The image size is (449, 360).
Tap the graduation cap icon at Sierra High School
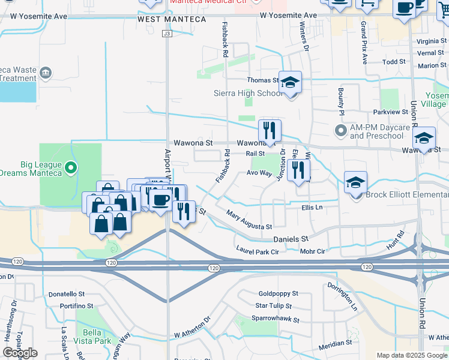291,83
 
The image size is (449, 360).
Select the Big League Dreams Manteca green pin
71,167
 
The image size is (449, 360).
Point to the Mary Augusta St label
249,220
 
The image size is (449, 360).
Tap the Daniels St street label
291,239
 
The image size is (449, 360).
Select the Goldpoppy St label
278,294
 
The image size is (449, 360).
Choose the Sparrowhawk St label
275,319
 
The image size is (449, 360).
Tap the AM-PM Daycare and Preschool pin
341,130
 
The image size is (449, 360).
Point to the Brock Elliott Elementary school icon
355,182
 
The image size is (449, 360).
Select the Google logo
20,353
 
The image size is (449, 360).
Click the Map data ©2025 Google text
411,355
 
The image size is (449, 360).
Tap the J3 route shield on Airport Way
167,34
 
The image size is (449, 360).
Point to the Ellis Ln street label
312,208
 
